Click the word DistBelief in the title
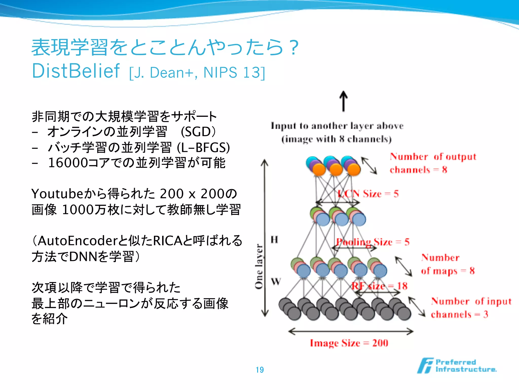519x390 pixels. point(76,71)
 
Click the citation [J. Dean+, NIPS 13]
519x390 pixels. point(197,73)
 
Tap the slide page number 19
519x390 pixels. point(259,370)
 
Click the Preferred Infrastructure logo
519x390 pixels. point(457,366)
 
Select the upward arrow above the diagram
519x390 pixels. point(343,101)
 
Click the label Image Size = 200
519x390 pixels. point(349,343)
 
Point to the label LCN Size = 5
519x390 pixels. point(368,194)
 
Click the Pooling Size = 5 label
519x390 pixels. point(373,242)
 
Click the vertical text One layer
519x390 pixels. point(259,266)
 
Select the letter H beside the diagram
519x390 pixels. point(274,239)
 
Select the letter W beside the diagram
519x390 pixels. point(276,282)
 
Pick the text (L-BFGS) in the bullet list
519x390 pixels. point(203,148)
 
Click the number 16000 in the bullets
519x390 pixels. point(68,163)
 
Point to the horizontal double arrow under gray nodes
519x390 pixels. point(351,331)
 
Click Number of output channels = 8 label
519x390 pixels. point(433,163)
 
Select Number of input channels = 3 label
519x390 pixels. point(471,308)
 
